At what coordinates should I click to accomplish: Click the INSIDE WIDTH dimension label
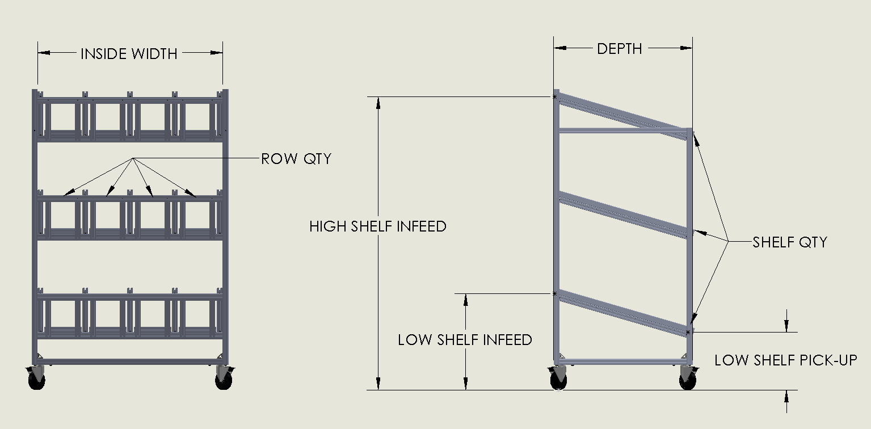[x=129, y=54]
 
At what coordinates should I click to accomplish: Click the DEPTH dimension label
[x=620, y=49]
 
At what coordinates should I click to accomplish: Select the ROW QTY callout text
[x=296, y=159]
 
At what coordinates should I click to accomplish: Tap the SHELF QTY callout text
[x=790, y=242]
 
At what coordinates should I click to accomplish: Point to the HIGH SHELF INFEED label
[x=378, y=227]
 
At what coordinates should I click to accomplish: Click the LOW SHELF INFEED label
[x=465, y=340]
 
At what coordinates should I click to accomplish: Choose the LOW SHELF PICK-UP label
[x=785, y=360]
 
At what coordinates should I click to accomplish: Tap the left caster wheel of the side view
[x=558, y=380]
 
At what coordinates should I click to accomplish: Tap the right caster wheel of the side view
[x=688, y=380]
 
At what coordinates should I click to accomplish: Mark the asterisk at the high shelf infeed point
[x=555, y=97]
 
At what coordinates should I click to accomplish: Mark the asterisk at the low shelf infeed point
[x=555, y=293]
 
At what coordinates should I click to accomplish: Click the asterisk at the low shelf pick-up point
[x=688, y=332]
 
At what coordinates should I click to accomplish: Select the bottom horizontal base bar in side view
[x=622, y=360]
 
